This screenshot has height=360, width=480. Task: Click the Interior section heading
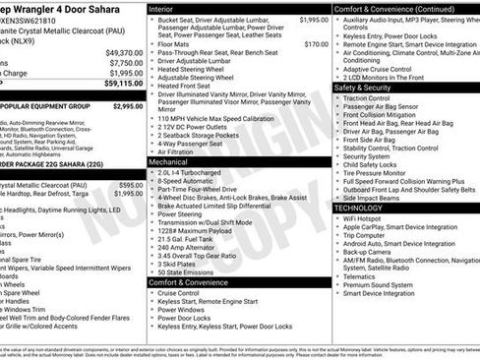pyautogui.click(x=167, y=8)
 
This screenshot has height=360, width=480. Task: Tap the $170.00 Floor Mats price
pyautogui.click(x=316, y=44)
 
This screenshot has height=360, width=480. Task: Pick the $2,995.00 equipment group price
pyautogui.click(x=127, y=105)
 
